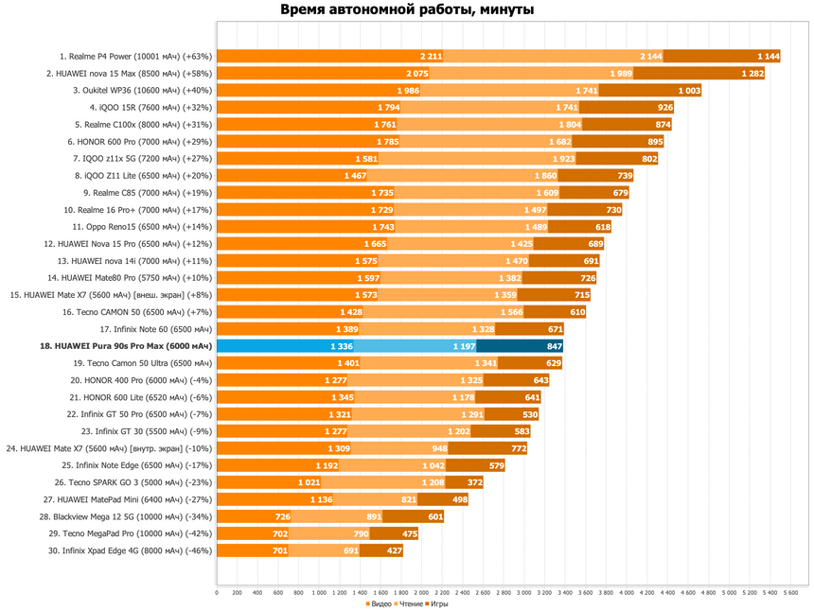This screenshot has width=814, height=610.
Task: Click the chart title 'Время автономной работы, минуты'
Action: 407,9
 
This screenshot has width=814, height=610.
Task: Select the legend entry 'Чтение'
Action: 411,603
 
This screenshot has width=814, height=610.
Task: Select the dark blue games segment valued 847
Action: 520,346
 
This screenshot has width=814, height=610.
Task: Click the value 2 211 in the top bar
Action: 431,57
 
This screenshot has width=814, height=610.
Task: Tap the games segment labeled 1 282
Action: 699,73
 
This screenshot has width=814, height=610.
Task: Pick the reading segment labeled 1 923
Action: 477,159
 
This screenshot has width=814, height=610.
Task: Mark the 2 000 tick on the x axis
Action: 421,592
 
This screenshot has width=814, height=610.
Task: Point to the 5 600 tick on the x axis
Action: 790,592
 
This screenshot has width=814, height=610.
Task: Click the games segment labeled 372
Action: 464,482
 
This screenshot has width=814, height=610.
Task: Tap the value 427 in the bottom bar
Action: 395,550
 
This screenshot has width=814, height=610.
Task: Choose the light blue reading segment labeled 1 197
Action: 415,346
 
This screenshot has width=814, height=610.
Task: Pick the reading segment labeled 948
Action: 399,448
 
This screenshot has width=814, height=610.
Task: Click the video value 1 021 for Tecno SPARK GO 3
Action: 309,482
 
